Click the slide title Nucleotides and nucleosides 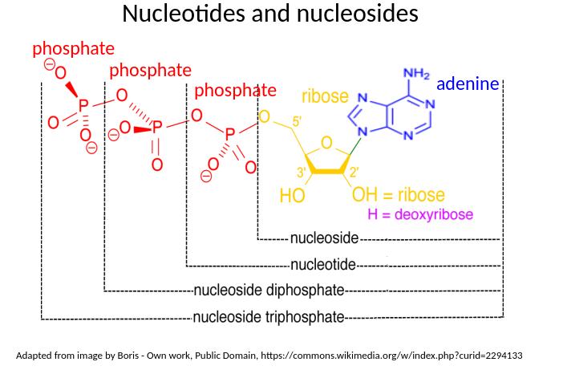[x=270, y=14]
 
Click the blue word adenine [x=468, y=84]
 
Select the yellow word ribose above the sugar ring [x=325, y=96]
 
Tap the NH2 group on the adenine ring [x=416, y=74]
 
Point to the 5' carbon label [x=297, y=122]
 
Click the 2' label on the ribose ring [x=353, y=171]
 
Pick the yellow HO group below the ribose [x=292, y=195]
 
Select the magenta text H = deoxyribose [x=420, y=215]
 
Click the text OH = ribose [x=399, y=195]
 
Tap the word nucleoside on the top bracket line [x=323, y=238]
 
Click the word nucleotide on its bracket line [x=323, y=265]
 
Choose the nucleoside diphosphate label [x=269, y=290]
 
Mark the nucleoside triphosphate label [x=269, y=316]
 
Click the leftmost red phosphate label [x=73, y=49]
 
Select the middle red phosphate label [x=150, y=71]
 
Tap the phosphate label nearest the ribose [x=235, y=90]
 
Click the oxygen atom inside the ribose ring [x=326, y=143]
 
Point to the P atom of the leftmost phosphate [x=83, y=105]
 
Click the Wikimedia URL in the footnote [x=392, y=355]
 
